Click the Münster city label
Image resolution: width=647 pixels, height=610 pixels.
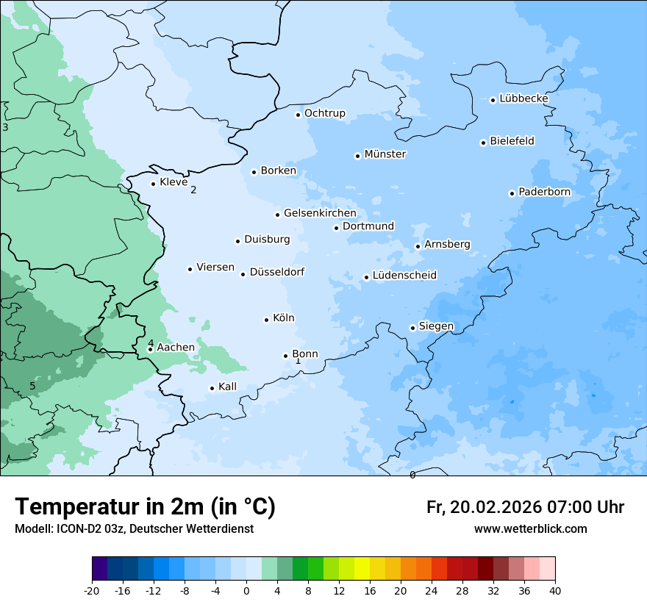click(385, 154)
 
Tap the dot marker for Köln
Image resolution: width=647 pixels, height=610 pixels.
click(266, 320)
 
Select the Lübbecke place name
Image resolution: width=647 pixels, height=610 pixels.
click(523, 98)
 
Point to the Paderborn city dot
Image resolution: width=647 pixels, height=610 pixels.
click(512, 193)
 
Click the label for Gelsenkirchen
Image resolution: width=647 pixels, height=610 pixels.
click(320, 213)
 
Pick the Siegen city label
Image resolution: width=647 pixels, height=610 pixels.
click(436, 326)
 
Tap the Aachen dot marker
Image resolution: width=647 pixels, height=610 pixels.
click(150, 349)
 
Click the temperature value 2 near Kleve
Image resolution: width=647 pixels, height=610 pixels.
click(193, 190)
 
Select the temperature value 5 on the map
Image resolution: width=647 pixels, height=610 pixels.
click(32, 386)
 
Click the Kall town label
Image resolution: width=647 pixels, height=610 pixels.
click(227, 387)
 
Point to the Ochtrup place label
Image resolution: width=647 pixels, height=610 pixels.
click(324, 113)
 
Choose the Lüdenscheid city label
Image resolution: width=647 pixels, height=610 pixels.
click(404, 276)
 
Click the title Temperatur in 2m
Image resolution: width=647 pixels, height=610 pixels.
click(145, 506)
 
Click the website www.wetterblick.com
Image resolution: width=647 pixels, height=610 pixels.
click(530, 528)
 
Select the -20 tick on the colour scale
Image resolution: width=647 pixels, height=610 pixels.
click(92, 591)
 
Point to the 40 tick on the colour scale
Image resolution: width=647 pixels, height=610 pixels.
click(554, 591)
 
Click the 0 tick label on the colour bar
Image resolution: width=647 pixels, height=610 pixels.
click(246, 591)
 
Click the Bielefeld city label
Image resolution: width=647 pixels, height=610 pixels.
click(512, 141)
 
